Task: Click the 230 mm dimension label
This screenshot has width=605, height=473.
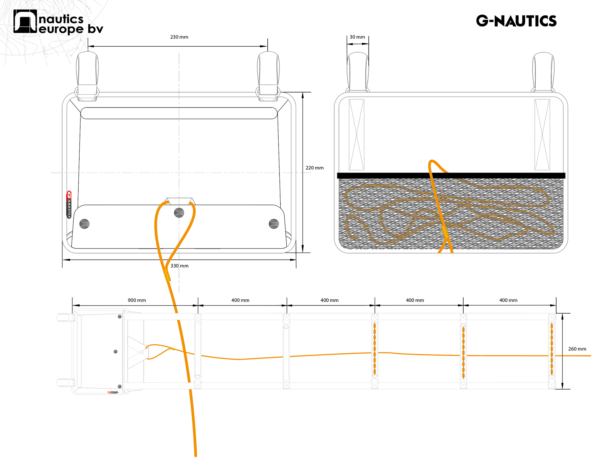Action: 179,37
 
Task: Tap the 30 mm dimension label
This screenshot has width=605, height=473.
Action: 357,37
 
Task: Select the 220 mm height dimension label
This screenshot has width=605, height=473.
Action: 315,168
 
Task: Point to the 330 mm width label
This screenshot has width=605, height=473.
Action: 179,266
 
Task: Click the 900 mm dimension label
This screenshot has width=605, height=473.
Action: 137,300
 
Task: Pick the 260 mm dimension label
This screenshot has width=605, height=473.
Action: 577,349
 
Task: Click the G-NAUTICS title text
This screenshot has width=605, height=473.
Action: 516,21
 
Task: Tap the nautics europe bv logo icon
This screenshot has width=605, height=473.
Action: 25,21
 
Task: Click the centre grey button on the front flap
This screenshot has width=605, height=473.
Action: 179,213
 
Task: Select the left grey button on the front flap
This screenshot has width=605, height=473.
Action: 85,224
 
